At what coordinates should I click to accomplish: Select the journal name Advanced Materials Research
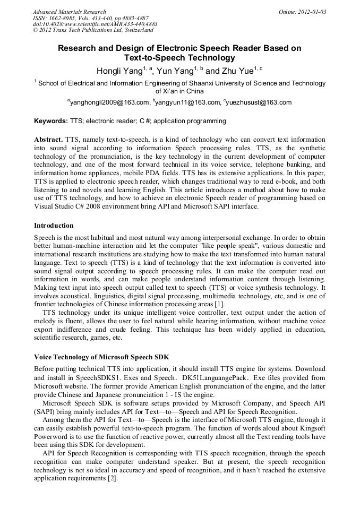click(70, 11)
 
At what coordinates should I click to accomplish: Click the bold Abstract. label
click(49, 139)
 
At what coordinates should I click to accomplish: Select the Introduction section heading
click(54, 226)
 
